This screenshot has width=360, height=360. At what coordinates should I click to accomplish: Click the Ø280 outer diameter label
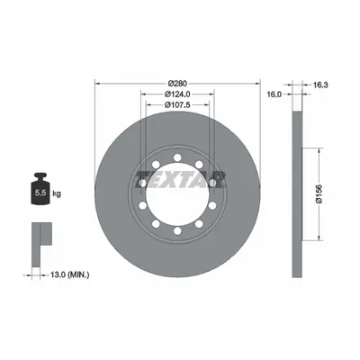(x=177, y=83)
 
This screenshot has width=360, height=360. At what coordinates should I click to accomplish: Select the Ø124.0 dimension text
(x=177, y=94)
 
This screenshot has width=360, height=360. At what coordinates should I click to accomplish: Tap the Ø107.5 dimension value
(x=177, y=104)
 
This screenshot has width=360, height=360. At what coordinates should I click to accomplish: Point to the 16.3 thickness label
(x=320, y=85)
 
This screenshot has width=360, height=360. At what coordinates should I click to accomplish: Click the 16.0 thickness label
(x=274, y=94)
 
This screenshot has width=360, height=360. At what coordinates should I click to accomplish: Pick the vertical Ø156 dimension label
(x=319, y=194)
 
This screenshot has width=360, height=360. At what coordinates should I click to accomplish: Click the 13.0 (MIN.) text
(x=66, y=274)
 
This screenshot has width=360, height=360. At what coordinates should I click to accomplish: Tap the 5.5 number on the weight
(x=40, y=193)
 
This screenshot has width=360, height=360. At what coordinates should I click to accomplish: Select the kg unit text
(x=57, y=193)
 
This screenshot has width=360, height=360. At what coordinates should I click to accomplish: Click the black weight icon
(x=40, y=189)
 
